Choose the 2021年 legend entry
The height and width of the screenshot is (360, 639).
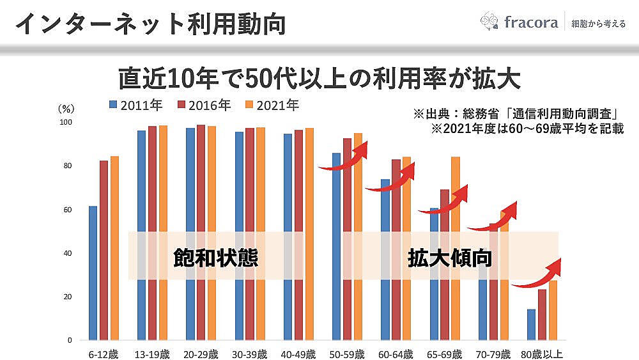(x=271, y=106)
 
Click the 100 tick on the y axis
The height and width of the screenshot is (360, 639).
(x=66, y=122)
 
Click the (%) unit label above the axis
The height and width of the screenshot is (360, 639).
(x=66, y=109)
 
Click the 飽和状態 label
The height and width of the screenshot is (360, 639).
(x=216, y=257)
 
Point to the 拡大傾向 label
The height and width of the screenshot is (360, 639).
(x=450, y=257)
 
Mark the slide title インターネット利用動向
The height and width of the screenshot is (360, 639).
(x=150, y=24)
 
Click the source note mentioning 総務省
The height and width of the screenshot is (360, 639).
(x=518, y=114)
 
